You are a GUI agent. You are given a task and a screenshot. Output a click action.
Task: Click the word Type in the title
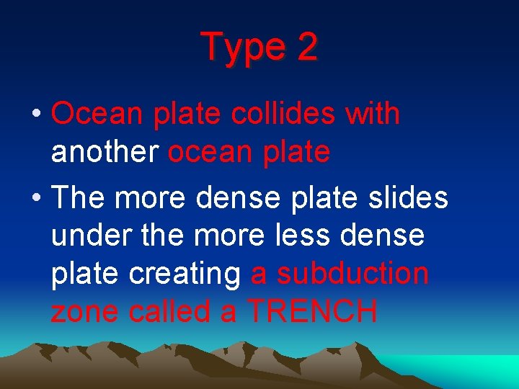(x=241, y=48)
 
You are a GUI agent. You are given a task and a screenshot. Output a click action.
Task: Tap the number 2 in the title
(x=306, y=48)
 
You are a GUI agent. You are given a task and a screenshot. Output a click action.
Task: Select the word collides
(x=283, y=114)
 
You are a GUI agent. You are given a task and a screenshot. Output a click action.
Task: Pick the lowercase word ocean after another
(x=206, y=152)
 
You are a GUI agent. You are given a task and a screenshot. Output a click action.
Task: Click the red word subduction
(x=353, y=274)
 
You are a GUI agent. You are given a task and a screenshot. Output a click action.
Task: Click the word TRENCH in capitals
(x=312, y=312)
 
